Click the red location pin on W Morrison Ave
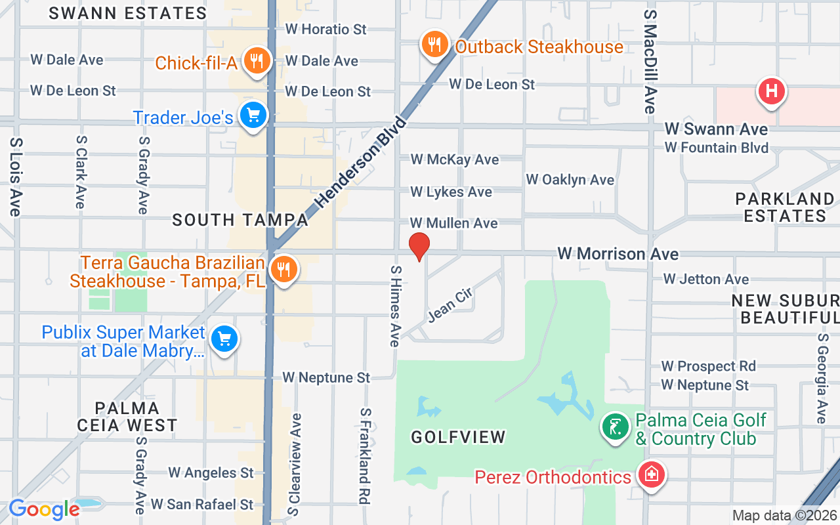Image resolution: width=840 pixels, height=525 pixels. (419, 245)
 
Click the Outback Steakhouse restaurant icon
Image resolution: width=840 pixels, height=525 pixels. (434, 45)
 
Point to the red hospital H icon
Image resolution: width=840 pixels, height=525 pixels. (772, 91)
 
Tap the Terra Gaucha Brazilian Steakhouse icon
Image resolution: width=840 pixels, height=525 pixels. (283, 269)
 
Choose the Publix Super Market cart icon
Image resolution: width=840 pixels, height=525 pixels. (224, 339)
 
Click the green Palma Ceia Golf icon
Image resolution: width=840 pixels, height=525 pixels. (616, 427)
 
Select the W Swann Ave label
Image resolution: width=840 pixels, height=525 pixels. (716, 129)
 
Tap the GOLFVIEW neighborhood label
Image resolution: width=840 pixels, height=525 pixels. (459, 436)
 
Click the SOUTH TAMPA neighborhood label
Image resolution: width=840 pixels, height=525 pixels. (240, 220)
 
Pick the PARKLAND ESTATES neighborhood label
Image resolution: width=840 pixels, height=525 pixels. (785, 207)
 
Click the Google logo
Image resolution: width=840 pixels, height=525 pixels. (44, 509)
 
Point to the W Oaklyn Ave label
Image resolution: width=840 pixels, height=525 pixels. (570, 180)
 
